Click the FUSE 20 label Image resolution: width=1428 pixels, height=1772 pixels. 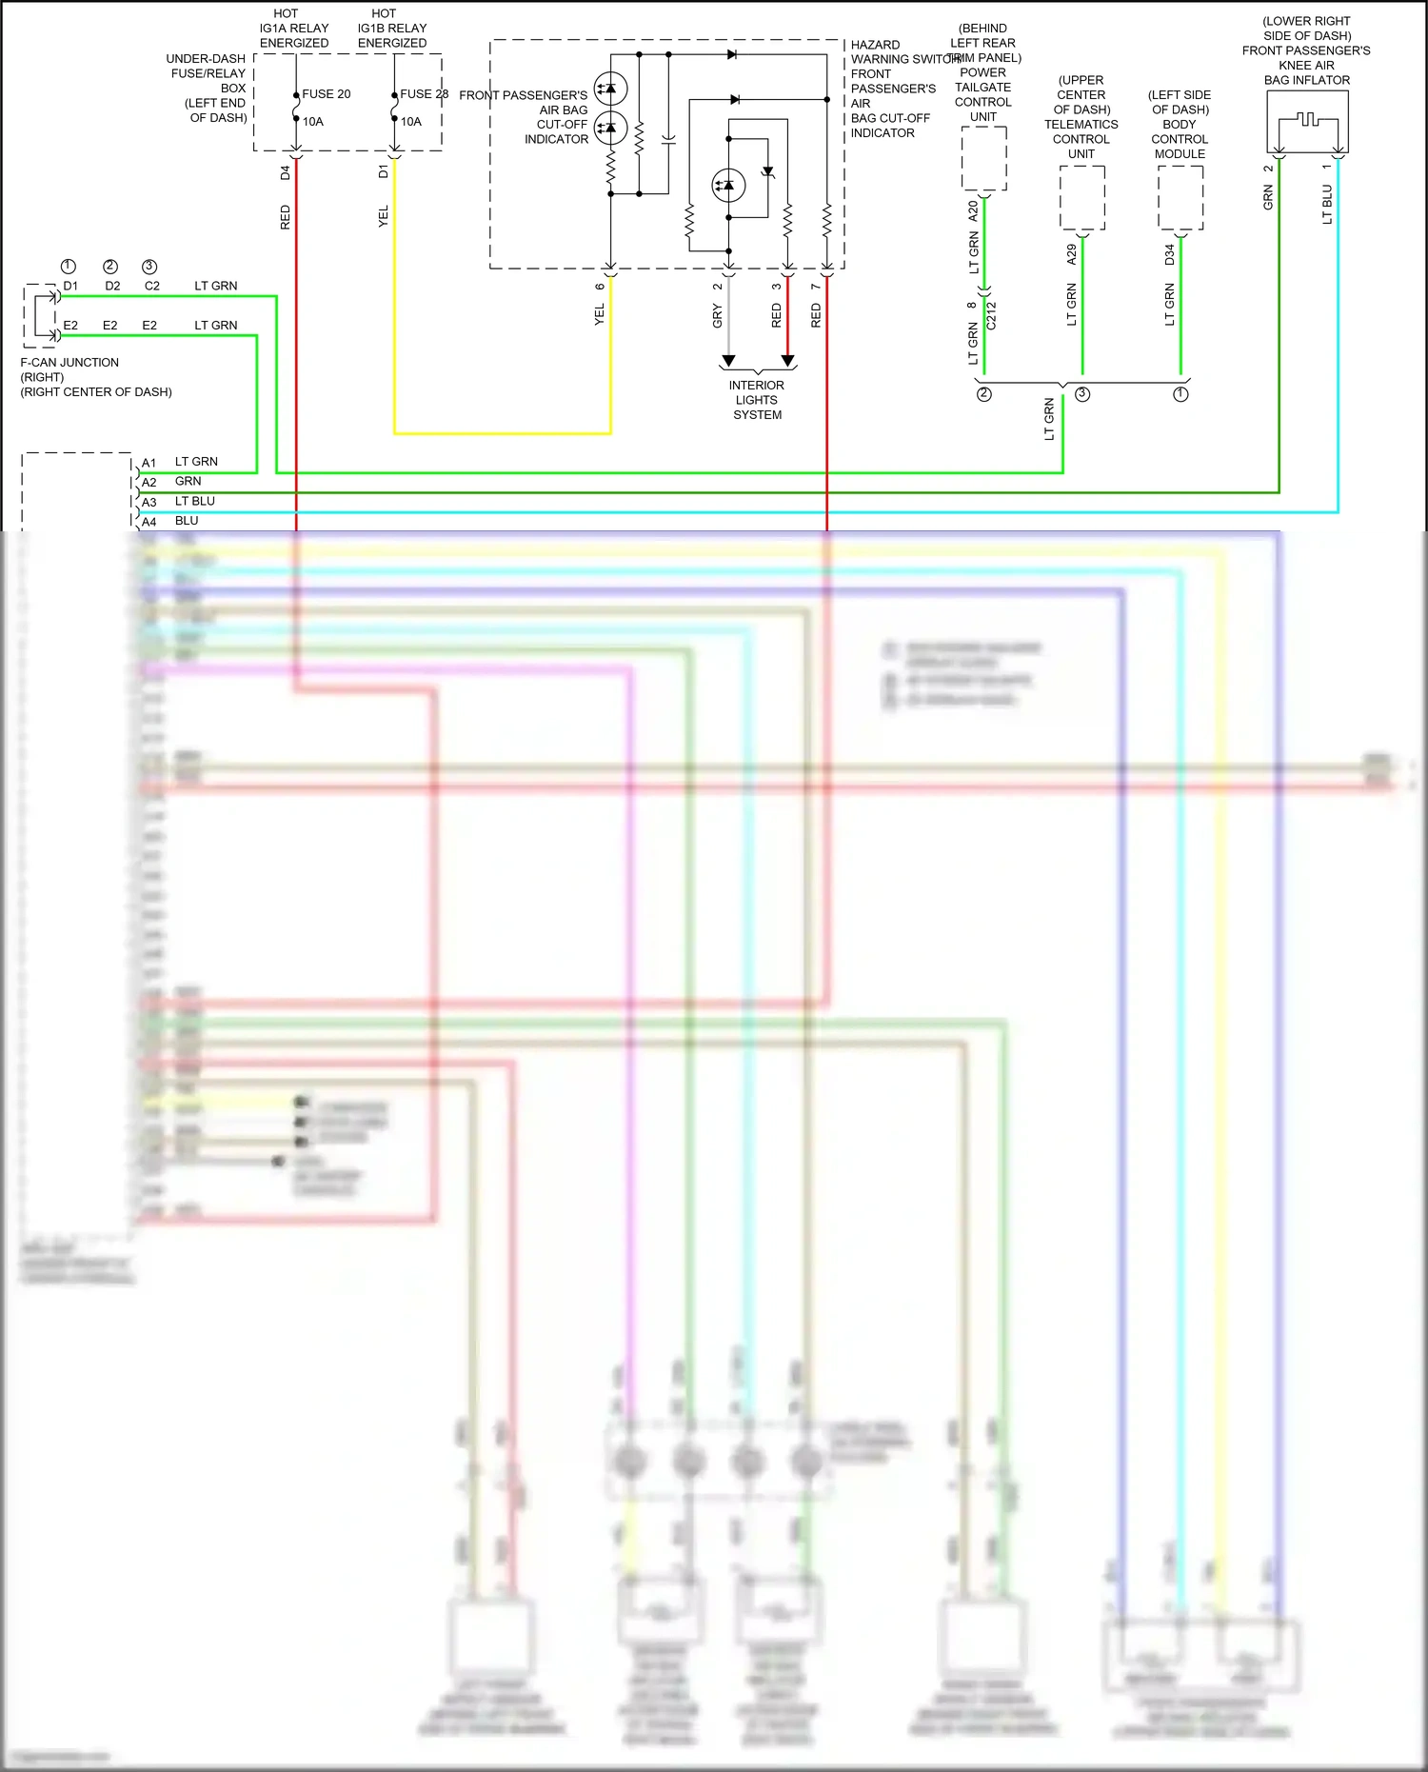tap(326, 94)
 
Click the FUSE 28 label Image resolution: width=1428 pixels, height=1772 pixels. tap(424, 94)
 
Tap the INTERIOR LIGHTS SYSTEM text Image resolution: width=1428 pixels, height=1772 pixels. tap(757, 400)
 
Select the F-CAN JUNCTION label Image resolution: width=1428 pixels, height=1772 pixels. tap(69, 363)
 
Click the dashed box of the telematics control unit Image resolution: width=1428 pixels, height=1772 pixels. tap(1082, 198)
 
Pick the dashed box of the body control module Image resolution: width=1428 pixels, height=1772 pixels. tap(1180, 198)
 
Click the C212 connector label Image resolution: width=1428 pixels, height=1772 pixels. tap(991, 316)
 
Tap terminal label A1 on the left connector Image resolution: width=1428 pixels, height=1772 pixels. tap(149, 464)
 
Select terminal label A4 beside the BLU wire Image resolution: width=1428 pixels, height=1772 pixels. tap(149, 523)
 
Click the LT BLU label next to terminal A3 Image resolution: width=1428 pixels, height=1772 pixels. tap(195, 502)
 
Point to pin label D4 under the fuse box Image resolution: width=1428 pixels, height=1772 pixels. tap(286, 173)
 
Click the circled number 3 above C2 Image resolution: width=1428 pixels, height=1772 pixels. tap(149, 267)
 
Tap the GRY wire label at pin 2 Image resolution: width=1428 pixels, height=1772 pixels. tap(718, 317)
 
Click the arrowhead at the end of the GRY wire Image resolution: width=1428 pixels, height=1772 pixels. tap(728, 361)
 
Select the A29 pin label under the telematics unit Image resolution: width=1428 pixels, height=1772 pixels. tap(1072, 254)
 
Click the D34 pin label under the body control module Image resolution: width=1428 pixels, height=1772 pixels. tap(1170, 254)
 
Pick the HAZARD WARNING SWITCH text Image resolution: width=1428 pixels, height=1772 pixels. tap(904, 52)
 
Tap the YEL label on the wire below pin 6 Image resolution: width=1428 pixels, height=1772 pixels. tap(600, 315)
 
